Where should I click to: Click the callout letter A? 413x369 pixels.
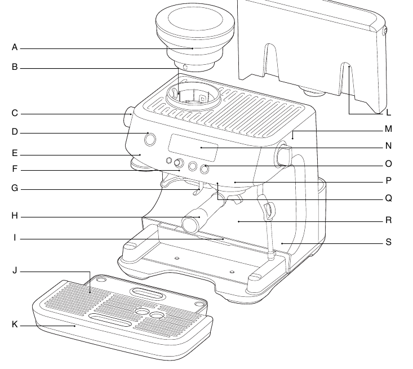15,48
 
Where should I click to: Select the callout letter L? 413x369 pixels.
388,113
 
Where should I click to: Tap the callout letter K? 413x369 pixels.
15,324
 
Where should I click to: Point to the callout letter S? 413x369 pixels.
388,242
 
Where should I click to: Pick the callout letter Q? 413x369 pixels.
388,198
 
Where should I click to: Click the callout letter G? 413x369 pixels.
15,189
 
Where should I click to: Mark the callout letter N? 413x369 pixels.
388,146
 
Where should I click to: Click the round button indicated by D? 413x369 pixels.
150,139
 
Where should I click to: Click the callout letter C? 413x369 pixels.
15,113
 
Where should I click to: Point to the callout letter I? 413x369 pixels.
15,238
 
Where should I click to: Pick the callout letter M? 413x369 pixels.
388,129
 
